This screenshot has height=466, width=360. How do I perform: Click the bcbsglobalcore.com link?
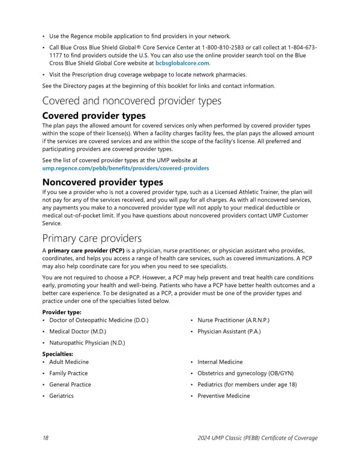182,62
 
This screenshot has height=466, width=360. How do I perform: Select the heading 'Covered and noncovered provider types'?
132,101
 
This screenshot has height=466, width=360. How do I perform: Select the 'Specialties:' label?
58,354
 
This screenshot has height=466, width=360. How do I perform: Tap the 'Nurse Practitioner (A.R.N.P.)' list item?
233,321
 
